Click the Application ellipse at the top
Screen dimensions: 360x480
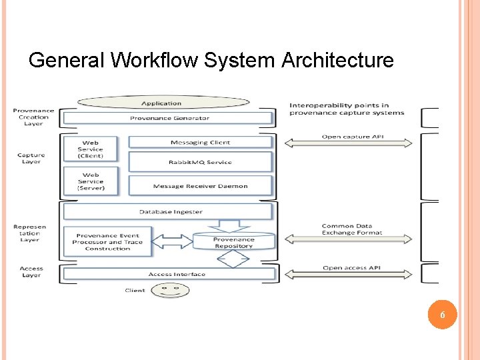(x=163, y=103)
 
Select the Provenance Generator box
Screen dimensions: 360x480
(x=169, y=119)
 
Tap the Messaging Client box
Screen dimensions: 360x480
(x=200, y=142)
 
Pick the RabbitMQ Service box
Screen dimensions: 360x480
(x=200, y=162)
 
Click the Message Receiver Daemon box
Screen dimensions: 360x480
(x=200, y=186)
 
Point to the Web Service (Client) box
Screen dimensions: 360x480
(x=91, y=149)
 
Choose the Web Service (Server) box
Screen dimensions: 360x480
(x=91, y=181)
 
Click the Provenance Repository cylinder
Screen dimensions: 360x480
(x=233, y=241)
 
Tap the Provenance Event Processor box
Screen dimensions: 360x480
(x=107, y=241)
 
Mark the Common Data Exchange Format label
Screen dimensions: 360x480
(x=351, y=229)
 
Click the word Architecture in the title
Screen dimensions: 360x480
(x=337, y=61)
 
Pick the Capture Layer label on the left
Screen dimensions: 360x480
(x=31, y=159)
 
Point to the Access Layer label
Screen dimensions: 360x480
(x=31, y=272)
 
